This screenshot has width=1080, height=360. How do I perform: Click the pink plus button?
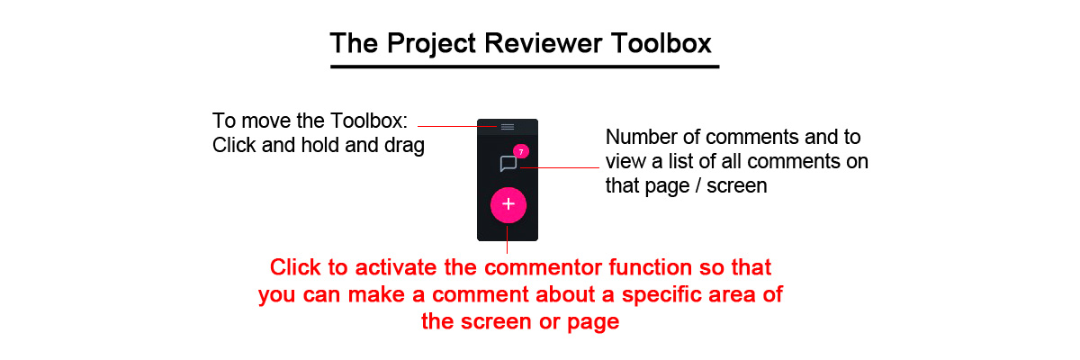508,205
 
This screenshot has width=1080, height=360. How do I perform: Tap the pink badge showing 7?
521,151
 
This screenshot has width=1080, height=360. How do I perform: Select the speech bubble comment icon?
508,164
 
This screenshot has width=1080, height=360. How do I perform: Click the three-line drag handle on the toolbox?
508,127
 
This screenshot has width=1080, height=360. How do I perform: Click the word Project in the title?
431,43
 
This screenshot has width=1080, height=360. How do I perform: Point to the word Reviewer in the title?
544,43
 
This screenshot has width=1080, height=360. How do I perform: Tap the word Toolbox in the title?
661,43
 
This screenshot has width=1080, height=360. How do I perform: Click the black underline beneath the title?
525,67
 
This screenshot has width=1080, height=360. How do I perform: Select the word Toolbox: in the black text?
369,121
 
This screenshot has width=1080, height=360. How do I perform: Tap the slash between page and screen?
698,186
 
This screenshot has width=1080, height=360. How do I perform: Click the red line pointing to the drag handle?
457,126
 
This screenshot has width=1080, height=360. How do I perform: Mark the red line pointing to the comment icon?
560,167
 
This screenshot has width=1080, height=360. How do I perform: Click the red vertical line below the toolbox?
508,239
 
